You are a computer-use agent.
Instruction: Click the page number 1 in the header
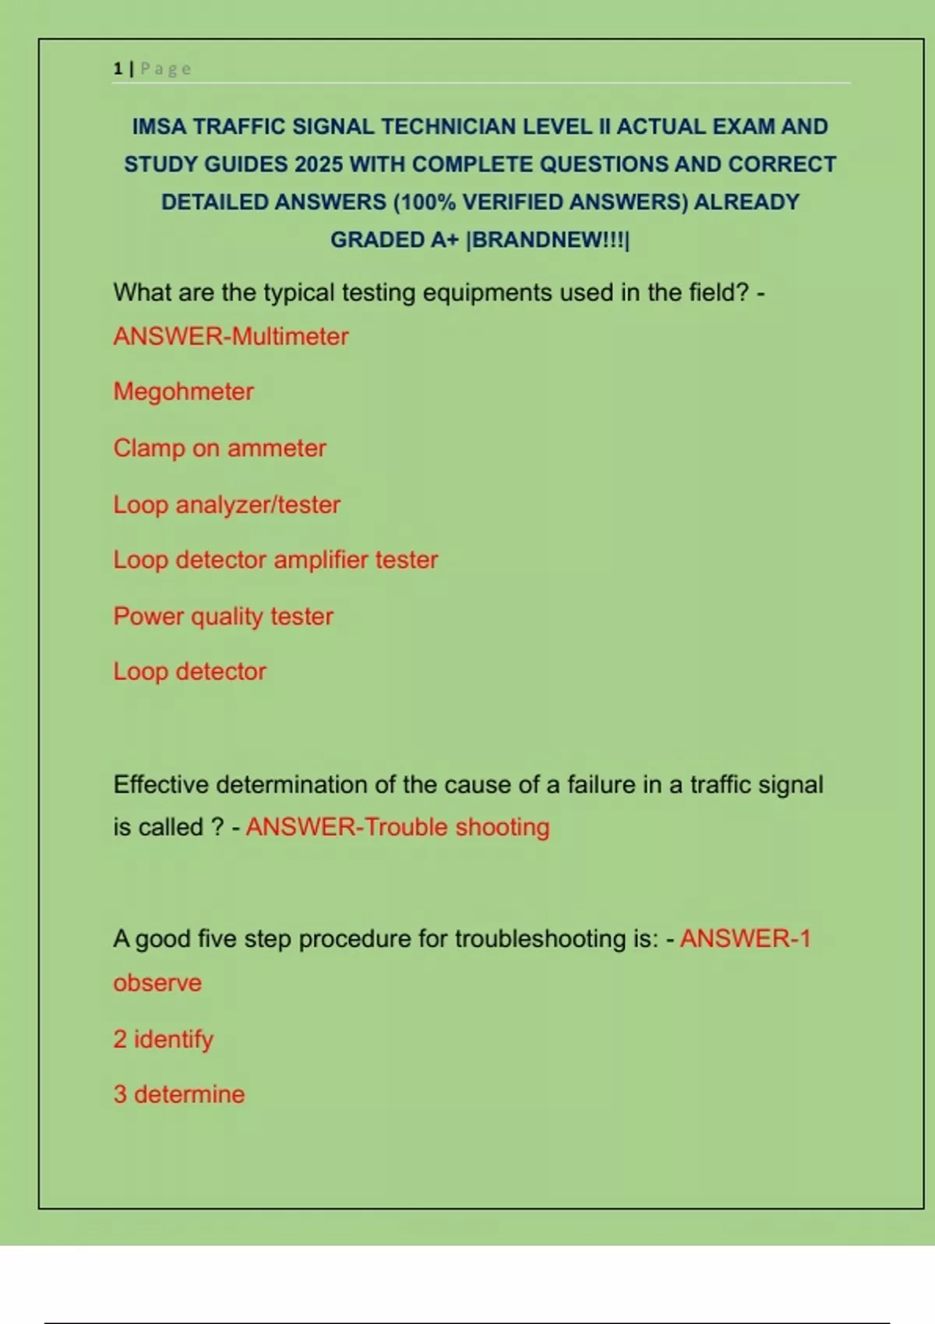click(x=118, y=69)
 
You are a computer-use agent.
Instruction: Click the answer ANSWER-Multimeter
click(x=231, y=336)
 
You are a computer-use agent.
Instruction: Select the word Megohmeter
click(x=184, y=391)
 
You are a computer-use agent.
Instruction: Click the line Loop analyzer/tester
click(x=227, y=505)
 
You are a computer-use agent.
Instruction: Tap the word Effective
click(x=161, y=784)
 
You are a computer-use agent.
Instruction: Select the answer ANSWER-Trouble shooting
click(x=397, y=826)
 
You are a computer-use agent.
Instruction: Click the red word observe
click(x=157, y=983)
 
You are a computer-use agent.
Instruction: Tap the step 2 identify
click(x=163, y=1039)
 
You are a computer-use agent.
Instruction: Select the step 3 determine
click(x=179, y=1094)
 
